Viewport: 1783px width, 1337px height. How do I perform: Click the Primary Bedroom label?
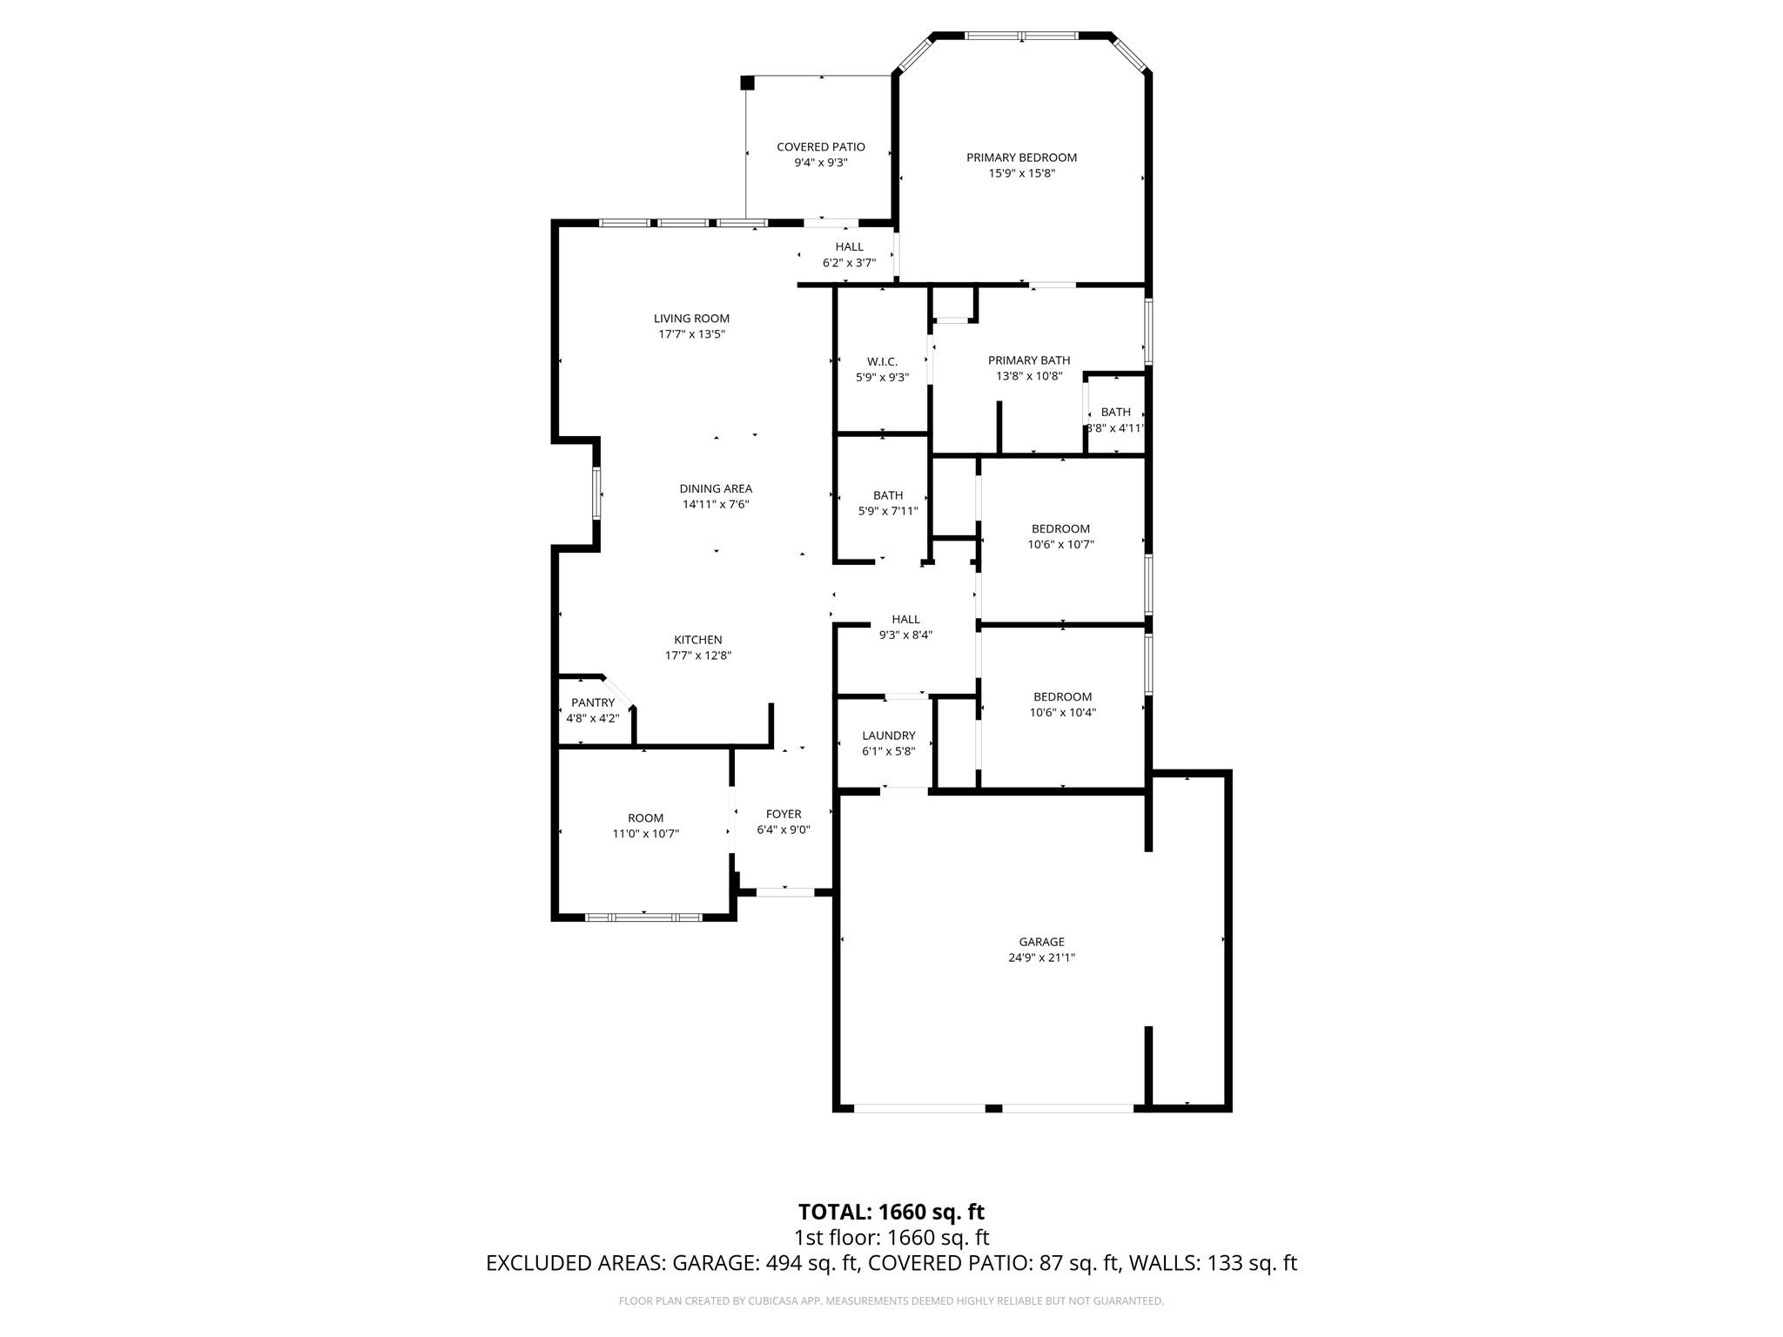pos(1021,158)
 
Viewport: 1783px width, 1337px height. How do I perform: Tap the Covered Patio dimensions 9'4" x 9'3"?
pos(820,163)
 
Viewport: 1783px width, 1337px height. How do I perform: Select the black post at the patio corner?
pos(747,83)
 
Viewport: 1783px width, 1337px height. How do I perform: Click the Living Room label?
pos(692,319)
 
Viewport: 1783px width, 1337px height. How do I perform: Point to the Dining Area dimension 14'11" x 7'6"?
pos(716,505)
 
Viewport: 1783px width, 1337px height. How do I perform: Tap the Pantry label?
pos(593,702)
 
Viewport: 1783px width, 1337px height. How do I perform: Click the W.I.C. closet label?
pos(882,362)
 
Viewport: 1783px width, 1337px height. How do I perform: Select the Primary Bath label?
pos(1029,360)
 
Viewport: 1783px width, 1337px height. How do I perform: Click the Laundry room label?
pos(888,736)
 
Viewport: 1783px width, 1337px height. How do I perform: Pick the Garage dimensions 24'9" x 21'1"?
pos(1041,957)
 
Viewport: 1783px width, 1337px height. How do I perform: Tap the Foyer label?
pos(784,814)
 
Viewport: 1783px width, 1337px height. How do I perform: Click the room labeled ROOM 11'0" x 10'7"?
pos(645,818)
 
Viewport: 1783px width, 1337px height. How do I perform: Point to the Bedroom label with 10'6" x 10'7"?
pos(1060,528)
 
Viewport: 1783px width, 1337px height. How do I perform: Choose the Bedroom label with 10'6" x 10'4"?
pos(1062,696)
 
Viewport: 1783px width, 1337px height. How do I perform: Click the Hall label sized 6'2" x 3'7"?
pos(849,247)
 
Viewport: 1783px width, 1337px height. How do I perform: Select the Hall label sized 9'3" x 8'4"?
pos(905,620)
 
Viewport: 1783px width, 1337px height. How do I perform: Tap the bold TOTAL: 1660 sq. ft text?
pos(891,1212)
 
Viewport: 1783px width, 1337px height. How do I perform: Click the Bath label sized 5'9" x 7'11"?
pos(888,495)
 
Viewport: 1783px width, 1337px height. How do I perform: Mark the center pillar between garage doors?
pos(993,1108)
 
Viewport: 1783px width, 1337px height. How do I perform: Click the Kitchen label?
pos(697,640)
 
